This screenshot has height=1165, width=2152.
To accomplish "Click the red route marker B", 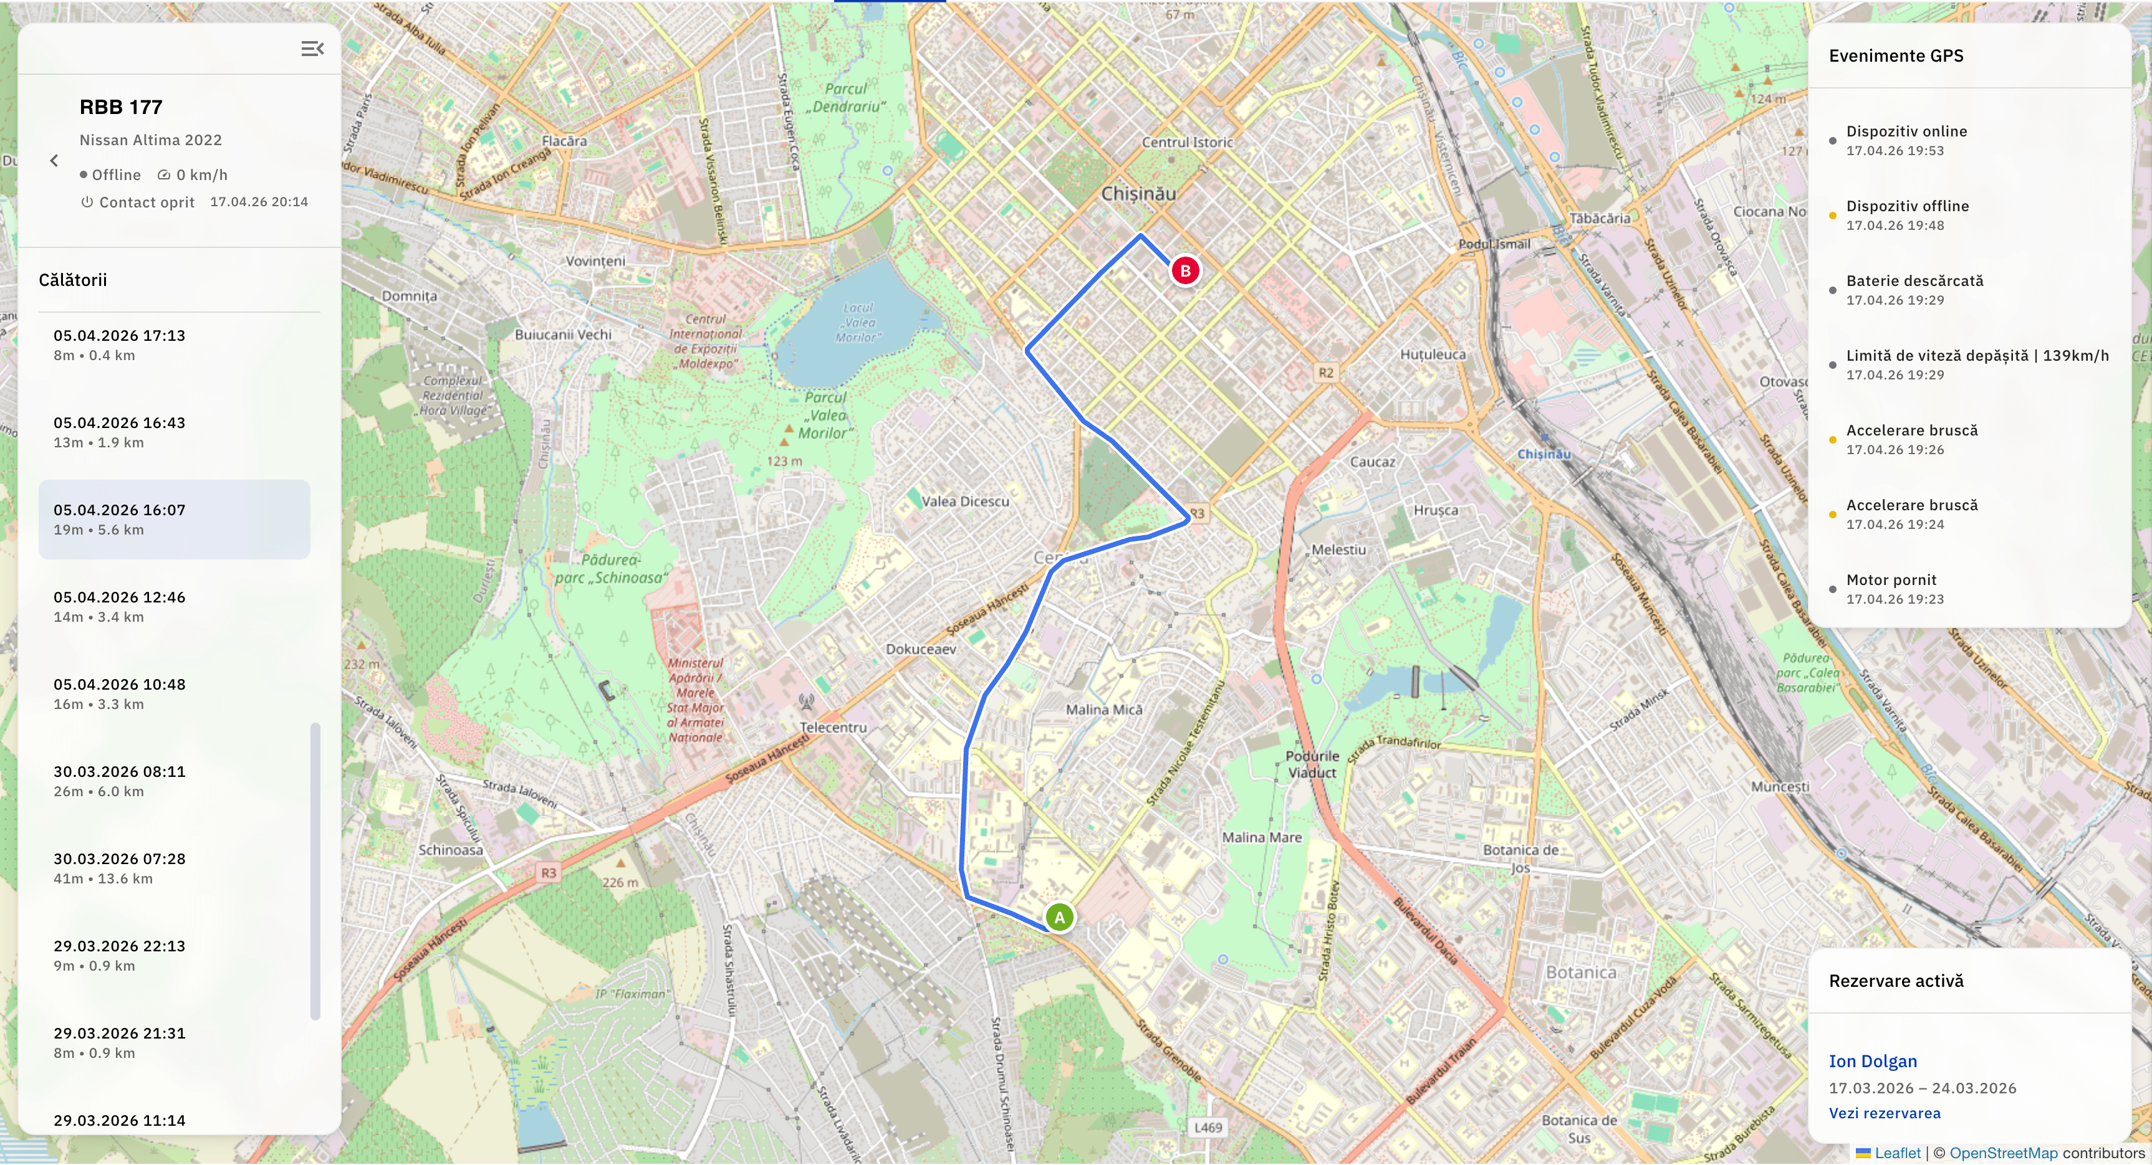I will pyautogui.click(x=1184, y=270).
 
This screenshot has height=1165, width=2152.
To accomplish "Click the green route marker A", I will pyautogui.click(x=1059, y=918).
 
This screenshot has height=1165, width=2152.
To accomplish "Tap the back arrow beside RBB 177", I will pyautogui.click(x=54, y=160).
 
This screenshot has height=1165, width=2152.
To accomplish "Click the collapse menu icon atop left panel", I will pyautogui.click(x=312, y=49).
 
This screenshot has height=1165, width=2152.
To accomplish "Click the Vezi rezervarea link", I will pyautogui.click(x=1884, y=1113).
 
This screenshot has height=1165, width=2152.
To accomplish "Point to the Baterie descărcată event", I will pyautogui.click(x=1914, y=289).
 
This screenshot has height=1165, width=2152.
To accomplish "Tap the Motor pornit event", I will pyautogui.click(x=1891, y=588).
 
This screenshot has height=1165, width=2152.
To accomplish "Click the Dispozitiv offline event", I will pyautogui.click(x=1906, y=215).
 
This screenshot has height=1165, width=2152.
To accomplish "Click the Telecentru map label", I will pyautogui.click(x=833, y=728).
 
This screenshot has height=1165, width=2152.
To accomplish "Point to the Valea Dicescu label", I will pyautogui.click(x=965, y=502).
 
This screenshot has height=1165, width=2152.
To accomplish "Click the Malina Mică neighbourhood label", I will pyautogui.click(x=1103, y=710).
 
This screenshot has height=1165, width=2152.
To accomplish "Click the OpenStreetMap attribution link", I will pyautogui.click(x=2002, y=1153).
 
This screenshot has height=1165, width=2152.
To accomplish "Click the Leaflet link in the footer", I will pyautogui.click(x=1896, y=1153).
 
